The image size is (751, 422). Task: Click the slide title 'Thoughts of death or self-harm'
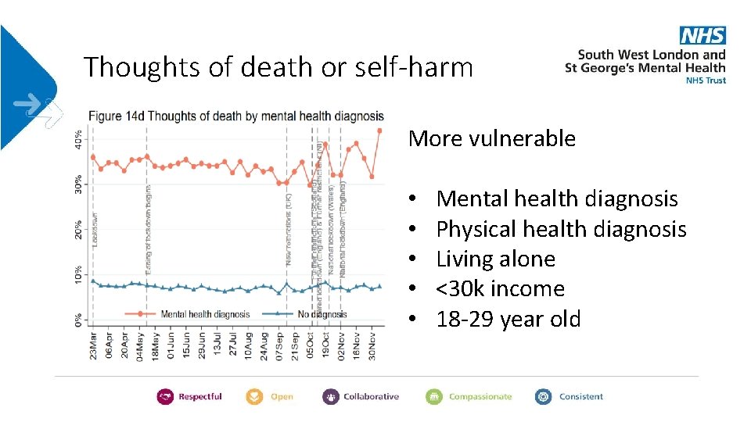(x=278, y=67)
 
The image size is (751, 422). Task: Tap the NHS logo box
(x=702, y=35)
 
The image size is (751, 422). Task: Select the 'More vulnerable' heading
(x=491, y=139)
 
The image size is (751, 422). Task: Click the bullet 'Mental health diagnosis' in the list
(x=556, y=199)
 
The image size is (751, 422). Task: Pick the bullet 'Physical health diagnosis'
(x=560, y=229)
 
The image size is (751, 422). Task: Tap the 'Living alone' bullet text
(x=495, y=259)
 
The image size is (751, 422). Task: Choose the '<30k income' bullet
(x=500, y=289)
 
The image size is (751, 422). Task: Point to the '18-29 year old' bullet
(x=508, y=319)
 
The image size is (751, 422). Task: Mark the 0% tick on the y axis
(x=78, y=320)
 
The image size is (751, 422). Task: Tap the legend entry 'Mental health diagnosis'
(x=205, y=314)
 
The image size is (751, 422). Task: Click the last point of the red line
(x=380, y=131)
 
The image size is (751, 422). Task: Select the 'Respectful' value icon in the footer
(x=165, y=396)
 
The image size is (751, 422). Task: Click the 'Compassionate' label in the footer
(x=480, y=396)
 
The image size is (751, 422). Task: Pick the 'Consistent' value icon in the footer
(x=543, y=396)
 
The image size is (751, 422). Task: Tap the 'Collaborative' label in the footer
(x=371, y=396)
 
